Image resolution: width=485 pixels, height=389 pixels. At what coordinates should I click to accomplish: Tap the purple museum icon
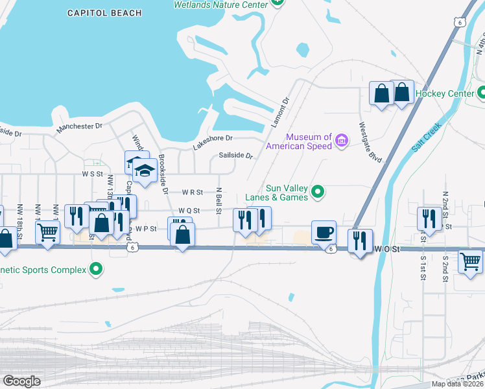tap(342, 139)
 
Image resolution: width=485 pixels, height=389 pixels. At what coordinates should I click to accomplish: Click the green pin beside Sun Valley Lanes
tap(318, 191)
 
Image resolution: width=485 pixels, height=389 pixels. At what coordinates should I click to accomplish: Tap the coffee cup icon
tap(324, 231)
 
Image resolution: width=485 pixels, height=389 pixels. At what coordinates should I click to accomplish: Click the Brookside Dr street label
tap(163, 174)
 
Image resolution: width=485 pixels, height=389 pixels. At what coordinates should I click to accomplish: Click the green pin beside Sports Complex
tap(97, 268)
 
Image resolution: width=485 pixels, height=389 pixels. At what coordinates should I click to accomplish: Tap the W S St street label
tap(92, 174)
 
